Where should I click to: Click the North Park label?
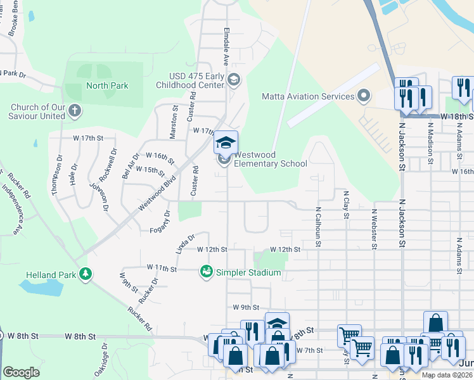(107, 85)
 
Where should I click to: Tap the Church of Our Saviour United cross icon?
(75, 111)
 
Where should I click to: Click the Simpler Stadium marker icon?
(206, 272)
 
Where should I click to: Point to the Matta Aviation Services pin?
(364, 97)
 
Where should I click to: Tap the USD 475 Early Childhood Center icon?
(234, 79)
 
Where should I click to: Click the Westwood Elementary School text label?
(271, 159)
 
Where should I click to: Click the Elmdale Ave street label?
(226, 47)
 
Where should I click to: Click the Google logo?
(21, 372)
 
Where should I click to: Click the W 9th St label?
(246, 307)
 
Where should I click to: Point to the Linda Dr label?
(185, 243)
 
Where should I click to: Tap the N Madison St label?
(430, 143)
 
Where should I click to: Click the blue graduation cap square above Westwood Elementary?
(224, 142)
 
